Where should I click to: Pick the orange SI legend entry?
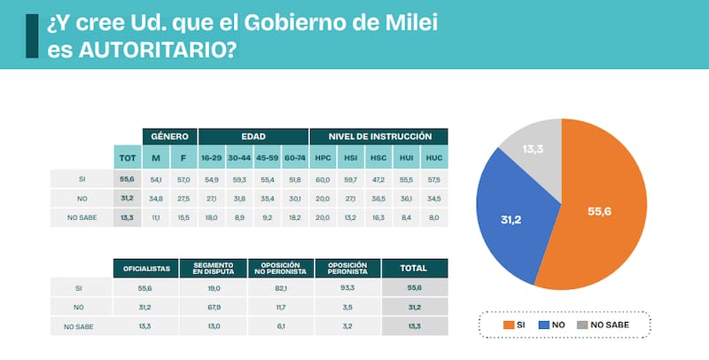515,325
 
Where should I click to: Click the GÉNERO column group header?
169,137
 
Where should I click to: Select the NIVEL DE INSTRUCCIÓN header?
378,137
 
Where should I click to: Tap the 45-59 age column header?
267,159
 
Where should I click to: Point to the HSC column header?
378,159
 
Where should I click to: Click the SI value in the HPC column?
323,179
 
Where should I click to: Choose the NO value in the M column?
156,198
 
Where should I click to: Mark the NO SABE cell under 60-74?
294,217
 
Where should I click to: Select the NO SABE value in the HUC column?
433,217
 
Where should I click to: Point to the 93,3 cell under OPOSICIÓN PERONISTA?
347,288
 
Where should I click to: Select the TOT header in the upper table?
126,159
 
